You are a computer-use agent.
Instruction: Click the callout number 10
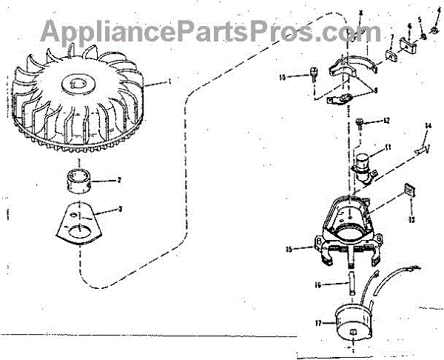283,76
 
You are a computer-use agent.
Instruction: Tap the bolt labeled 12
360,121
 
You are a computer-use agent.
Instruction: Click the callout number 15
298,249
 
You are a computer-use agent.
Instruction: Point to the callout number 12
386,120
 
